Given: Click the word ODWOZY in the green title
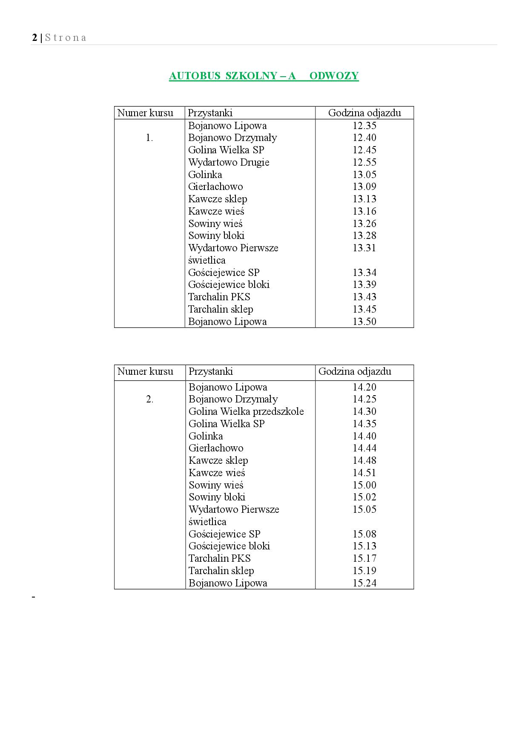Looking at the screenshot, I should coord(334,76).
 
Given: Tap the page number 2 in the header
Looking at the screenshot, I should coord(34,37).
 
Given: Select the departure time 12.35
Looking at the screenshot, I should coord(364,126).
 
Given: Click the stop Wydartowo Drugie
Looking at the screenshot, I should coord(229,162).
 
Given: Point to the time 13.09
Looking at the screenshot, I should coord(364,187).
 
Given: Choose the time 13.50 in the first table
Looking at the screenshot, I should coord(364,322).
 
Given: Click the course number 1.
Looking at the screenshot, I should coord(149,138).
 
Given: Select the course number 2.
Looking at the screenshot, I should coord(149,399).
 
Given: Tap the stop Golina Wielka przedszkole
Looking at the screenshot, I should coord(246,411).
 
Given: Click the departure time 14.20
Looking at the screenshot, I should coord(364,387).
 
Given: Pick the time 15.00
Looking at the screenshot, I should coord(364,485).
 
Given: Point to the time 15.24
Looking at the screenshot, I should coord(364,583).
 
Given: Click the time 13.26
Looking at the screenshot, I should coord(364,224).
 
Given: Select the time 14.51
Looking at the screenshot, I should coord(364,473).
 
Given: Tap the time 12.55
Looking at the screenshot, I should coord(364,162).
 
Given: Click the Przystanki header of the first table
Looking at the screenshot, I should coord(210,113).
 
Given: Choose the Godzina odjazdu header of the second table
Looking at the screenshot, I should coord(355,371).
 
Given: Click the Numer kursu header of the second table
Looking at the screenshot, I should coord(145,371).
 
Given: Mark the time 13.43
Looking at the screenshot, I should coord(364,297).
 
